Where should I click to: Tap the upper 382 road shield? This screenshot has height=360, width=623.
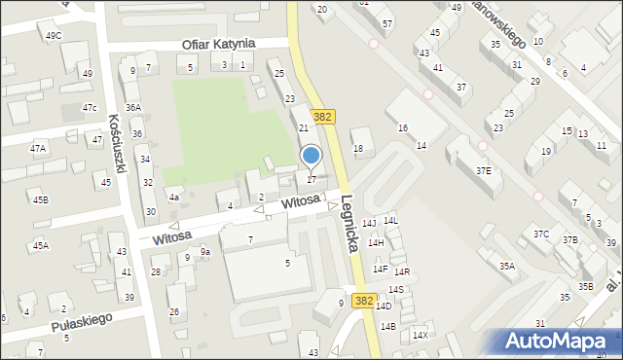[325, 116]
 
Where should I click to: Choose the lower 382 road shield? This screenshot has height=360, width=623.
[364, 302]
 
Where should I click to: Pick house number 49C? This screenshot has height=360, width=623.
[54, 36]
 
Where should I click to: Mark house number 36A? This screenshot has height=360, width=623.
[133, 108]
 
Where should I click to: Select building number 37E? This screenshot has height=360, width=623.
[483, 170]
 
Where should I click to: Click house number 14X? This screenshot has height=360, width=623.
[420, 336]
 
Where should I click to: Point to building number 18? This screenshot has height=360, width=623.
[358, 149]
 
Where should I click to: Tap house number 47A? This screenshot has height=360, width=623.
[38, 149]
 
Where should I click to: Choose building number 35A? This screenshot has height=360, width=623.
[507, 266]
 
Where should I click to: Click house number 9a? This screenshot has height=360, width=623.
[205, 252]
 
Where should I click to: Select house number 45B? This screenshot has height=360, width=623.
[40, 200]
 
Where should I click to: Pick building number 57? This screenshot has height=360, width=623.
[386, 22]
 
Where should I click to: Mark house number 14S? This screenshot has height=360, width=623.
[396, 290]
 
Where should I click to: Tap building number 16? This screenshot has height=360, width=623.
[402, 128]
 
